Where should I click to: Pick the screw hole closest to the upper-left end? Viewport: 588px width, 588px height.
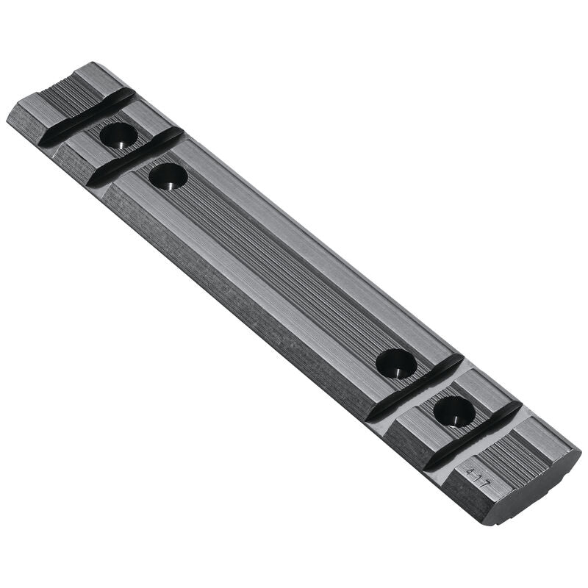pyautogui.click(x=118, y=135)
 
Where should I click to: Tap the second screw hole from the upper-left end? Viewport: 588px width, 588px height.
pyautogui.click(x=168, y=176)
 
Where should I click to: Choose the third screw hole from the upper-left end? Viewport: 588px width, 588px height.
pyautogui.click(x=396, y=363)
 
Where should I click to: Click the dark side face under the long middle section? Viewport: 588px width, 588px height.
pyautogui.click(x=235, y=309)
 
